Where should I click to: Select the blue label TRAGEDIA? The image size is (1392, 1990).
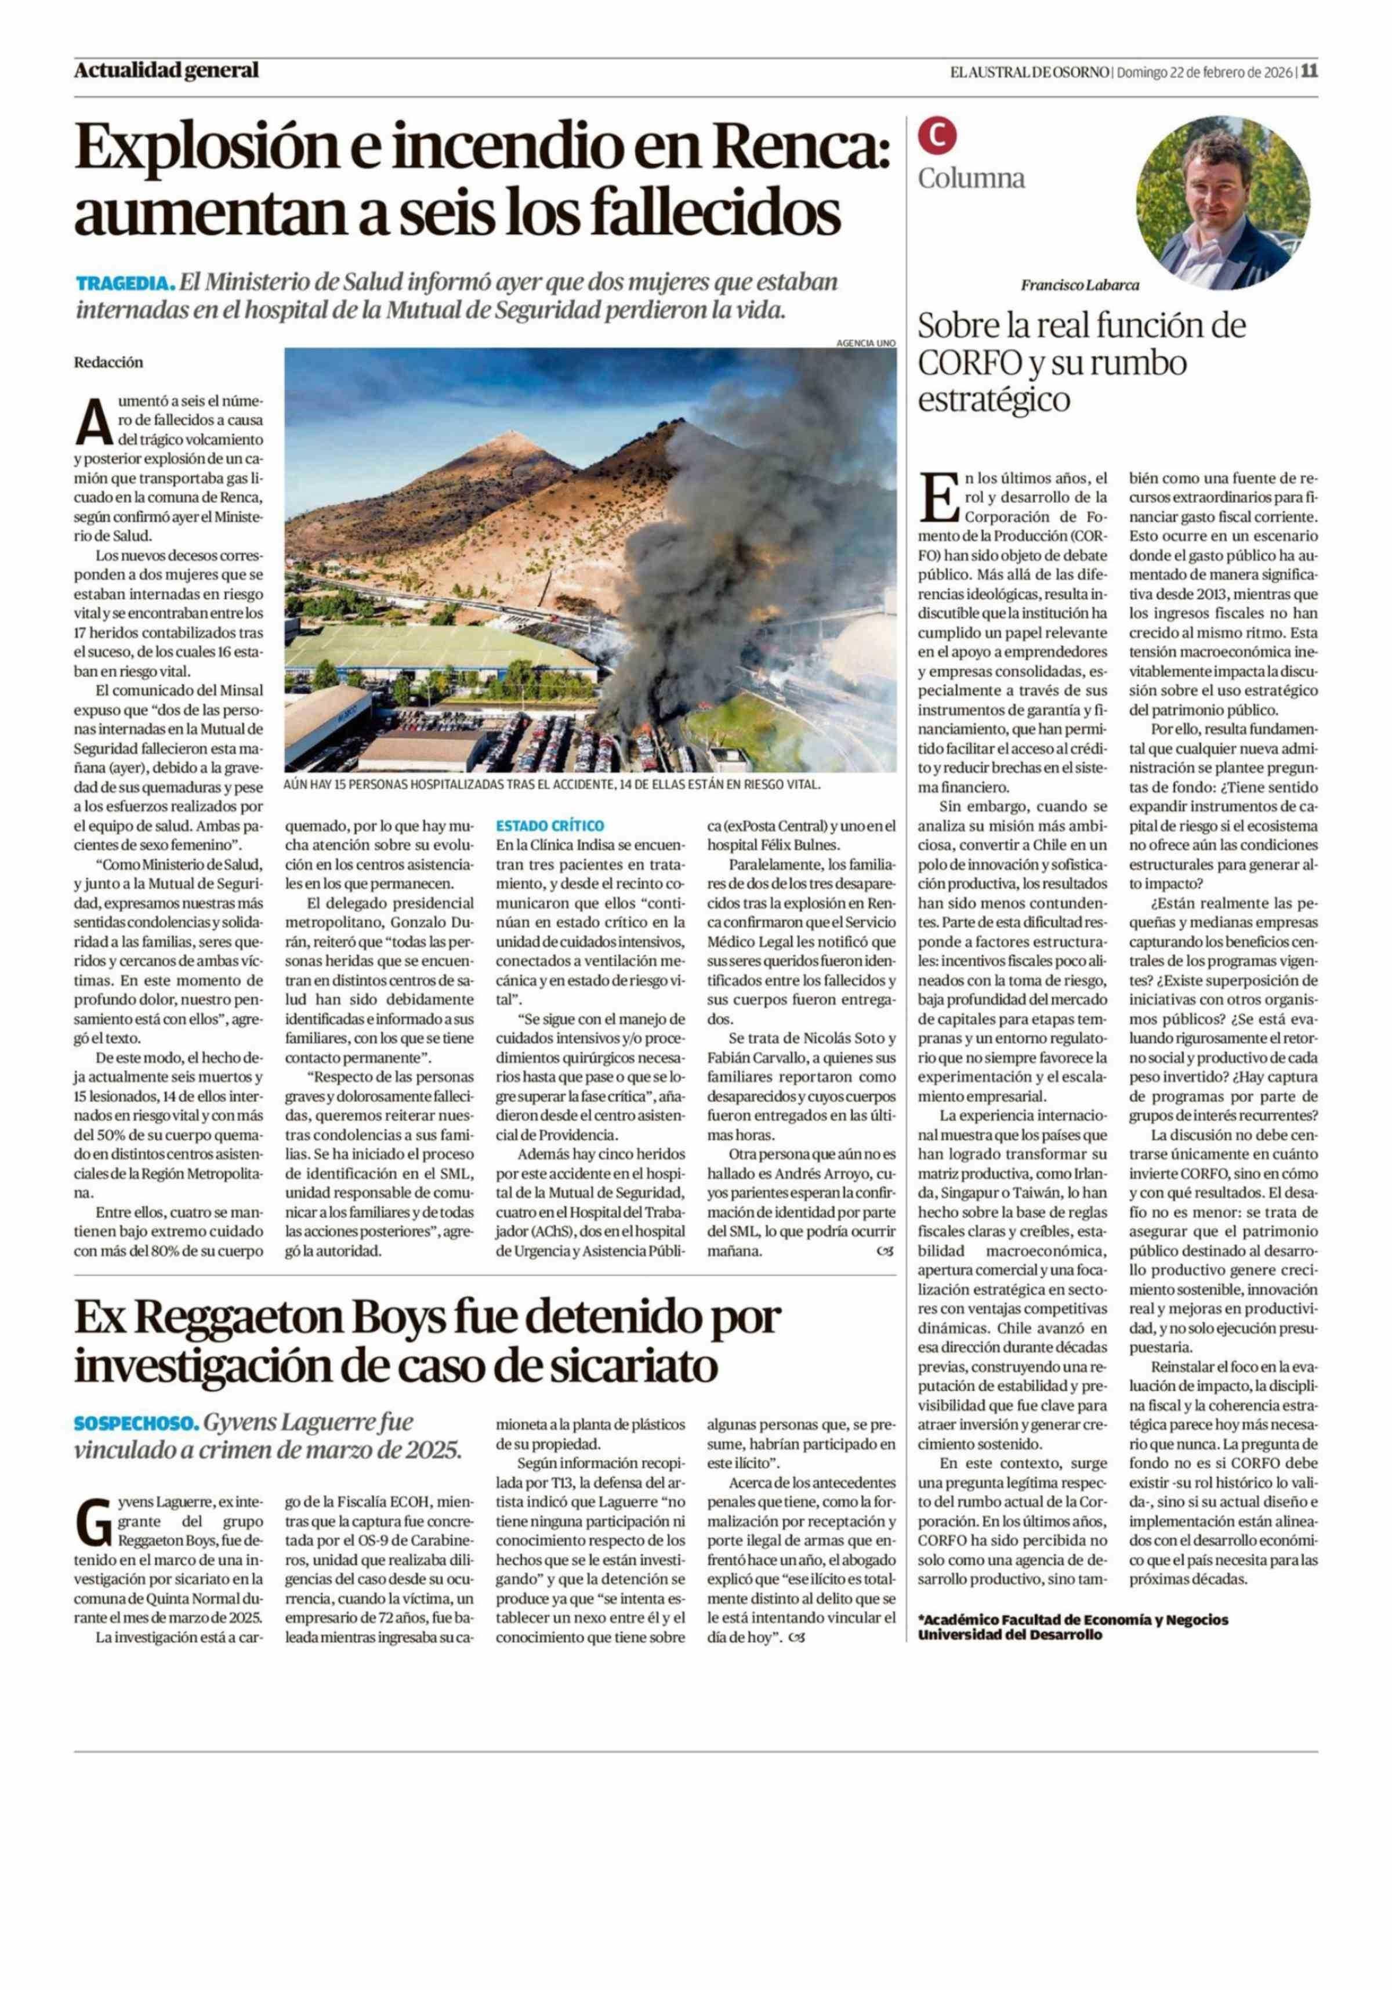click(125, 284)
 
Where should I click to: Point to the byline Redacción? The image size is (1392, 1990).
click(108, 362)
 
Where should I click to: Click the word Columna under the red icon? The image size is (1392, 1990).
click(971, 179)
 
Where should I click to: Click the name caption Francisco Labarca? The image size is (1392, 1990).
click(1079, 284)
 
